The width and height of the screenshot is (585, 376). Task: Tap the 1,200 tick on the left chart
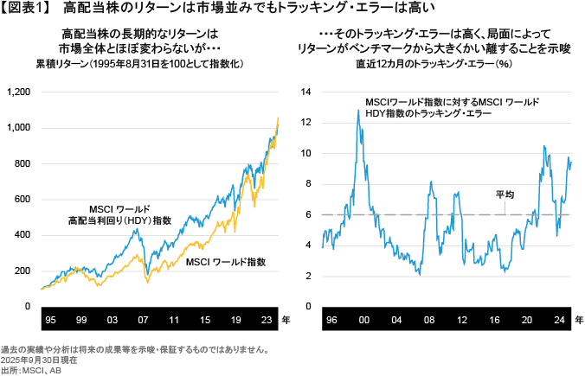[17, 91]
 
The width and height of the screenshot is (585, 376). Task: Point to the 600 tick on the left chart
[21, 199]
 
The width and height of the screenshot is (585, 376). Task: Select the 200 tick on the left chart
[21, 271]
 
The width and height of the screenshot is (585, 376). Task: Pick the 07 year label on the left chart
[143, 321]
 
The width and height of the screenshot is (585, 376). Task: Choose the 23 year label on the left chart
[266, 321]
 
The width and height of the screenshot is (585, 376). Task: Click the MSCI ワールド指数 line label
[226, 261]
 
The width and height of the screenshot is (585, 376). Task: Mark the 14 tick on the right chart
[305, 91]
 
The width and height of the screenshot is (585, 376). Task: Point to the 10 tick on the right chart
[305, 153]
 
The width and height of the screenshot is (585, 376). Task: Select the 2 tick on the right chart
[308, 276]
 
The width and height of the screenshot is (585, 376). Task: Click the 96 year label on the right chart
[330, 321]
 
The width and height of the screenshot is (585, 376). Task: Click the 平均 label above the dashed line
[505, 194]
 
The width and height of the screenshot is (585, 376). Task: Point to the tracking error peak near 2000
[357, 111]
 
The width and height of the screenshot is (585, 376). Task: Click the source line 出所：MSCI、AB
[32, 370]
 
